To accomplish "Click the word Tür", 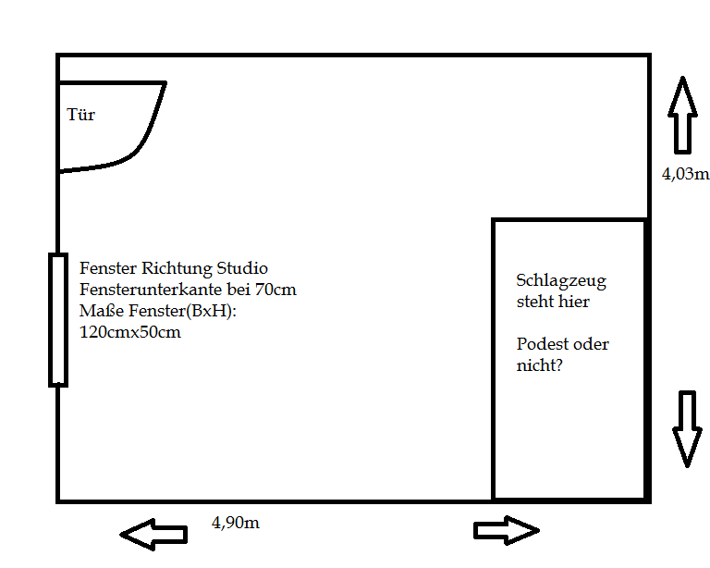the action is point(80,115).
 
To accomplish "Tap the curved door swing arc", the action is point(144,136).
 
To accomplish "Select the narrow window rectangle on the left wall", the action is point(58,320).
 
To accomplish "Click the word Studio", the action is point(242,268).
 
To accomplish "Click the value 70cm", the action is point(275,290).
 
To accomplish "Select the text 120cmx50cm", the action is point(130,332).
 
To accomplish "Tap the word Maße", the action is point(102,311).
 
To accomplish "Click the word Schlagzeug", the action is point(561,281).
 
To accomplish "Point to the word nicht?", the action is point(539,365).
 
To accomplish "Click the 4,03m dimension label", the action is point(686,174).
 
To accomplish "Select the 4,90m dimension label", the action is point(236,523).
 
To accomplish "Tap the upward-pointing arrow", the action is point(682,116).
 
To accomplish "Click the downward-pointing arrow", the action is point(688,429).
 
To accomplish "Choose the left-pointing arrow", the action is point(153,535).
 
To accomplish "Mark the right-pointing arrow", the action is point(507,530).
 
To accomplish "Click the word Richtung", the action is point(177,268).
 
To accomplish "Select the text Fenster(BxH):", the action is point(182,311).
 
